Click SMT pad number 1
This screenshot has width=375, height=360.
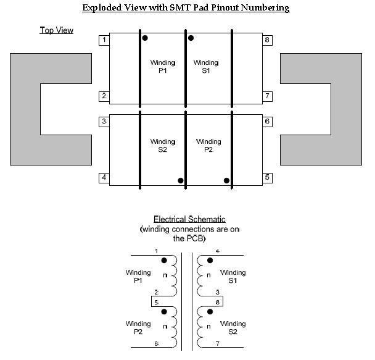104,40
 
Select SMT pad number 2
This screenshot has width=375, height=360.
104,96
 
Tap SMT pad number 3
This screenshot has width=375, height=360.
104,122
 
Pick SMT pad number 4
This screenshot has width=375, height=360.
104,178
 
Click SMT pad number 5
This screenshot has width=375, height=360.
268,178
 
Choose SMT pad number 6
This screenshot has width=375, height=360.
268,122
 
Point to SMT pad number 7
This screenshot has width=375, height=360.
268,96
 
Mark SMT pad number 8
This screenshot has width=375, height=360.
268,40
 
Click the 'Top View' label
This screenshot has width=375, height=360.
57,30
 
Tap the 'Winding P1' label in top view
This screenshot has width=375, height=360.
163,67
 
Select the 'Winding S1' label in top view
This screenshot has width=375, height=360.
206,67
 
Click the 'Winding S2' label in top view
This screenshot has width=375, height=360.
163,146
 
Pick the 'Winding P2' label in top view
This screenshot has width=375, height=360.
208,146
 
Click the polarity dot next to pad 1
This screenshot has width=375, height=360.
145,38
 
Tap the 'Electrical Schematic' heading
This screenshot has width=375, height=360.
189,219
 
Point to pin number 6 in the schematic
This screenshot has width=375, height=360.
157,344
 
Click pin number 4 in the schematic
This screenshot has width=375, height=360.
217,251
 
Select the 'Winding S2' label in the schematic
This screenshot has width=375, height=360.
233,328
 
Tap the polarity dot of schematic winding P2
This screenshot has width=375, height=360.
164,312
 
